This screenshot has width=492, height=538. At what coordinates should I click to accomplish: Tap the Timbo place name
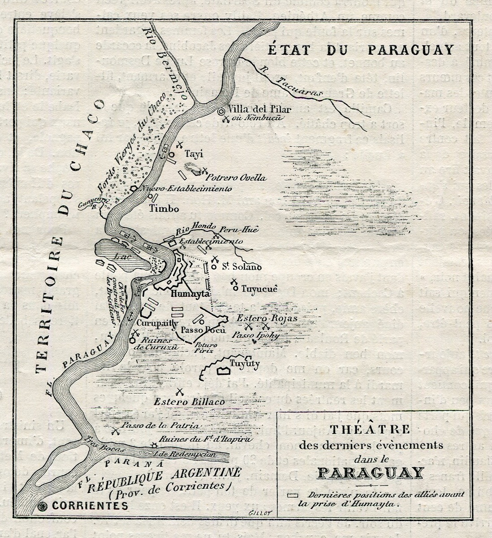(164, 208)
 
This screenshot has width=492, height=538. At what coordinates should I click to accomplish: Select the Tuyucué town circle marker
(236, 288)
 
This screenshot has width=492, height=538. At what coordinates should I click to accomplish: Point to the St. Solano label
(242, 267)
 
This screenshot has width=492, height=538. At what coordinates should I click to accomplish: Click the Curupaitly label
(152, 323)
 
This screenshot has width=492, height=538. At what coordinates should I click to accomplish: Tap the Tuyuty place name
(244, 363)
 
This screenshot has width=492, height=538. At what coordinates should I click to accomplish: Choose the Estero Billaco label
(189, 402)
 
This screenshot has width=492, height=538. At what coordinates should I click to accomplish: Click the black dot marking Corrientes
(43, 506)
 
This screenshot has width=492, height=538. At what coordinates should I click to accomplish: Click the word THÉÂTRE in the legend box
(370, 429)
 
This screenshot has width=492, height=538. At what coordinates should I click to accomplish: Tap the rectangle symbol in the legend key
(293, 495)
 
